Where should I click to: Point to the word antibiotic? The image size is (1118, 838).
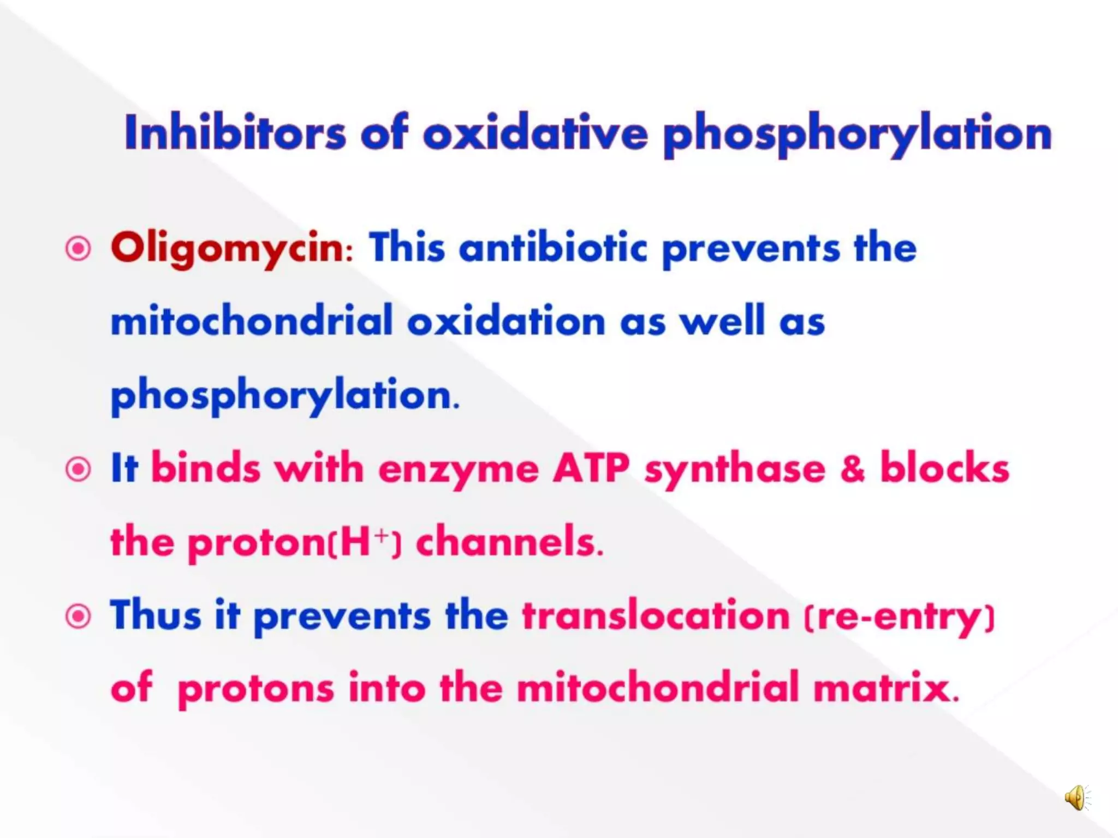tap(552, 248)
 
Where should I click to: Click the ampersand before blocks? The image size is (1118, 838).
tap(853, 469)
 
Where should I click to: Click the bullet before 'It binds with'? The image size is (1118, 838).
tap(78, 469)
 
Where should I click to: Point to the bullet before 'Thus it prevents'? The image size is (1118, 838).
tap(78, 616)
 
